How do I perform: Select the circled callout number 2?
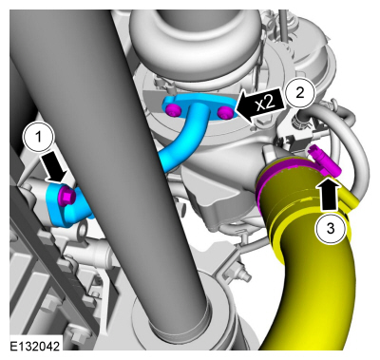tap(299, 92)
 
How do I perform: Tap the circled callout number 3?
tap(331, 227)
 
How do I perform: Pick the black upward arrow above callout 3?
tap(330, 193)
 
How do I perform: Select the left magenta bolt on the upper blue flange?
tap(173, 109)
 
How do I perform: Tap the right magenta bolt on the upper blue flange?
tap(226, 112)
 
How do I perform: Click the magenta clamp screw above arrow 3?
tap(324, 161)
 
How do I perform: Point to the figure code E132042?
tap(34, 346)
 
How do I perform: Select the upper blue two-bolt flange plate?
tap(199, 105)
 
